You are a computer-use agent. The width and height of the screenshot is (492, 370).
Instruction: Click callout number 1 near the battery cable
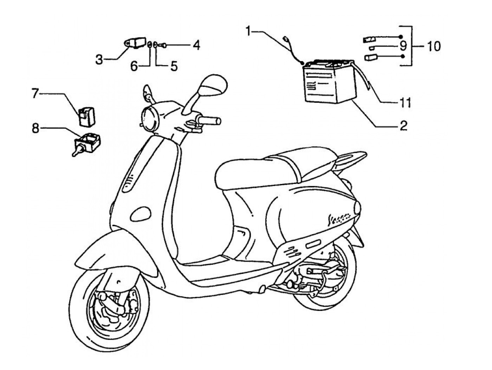249,32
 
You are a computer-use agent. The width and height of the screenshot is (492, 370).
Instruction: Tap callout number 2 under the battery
403,126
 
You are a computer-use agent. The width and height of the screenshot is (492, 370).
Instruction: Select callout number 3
99,60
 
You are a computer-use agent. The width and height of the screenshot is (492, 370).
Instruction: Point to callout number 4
196,45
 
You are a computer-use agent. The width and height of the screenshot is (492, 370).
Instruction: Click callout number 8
35,128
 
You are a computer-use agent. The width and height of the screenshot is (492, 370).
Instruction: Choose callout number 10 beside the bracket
434,46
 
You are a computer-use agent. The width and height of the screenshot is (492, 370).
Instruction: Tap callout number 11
405,103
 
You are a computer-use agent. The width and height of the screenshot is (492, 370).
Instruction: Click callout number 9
403,46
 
